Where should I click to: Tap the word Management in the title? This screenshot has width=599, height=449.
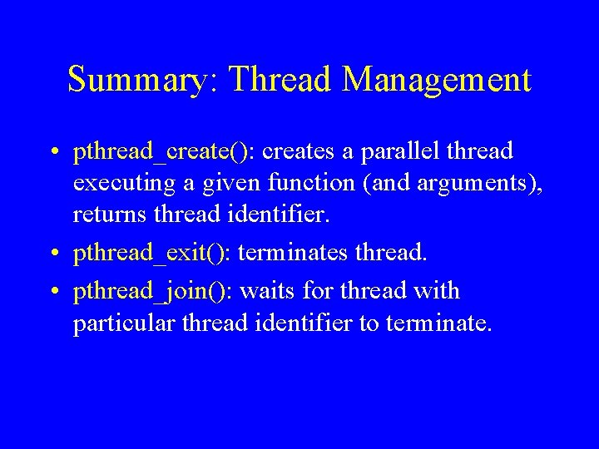pyautogui.click(x=437, y=81)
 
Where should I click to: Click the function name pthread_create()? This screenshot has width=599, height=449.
pyautogui.click(x=163, y=152)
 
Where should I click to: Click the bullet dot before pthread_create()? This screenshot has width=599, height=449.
pyautogui.click(x=52, y=153)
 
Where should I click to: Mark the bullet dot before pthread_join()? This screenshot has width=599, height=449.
pyautogui.click(x=52, y=293)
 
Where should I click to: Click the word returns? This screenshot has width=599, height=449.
pyautogui.click(x=106, y=215)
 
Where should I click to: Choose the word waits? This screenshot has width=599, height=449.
pyautogui.click(x=274, y=292)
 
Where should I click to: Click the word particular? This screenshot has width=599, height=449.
pyautogui.click(x=117, y=323)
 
